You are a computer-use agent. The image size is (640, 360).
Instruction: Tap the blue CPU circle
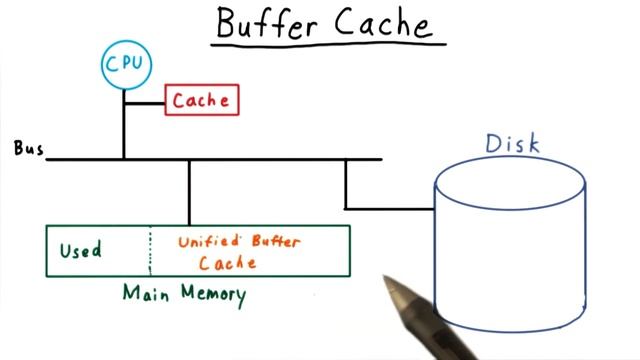click(125, 65)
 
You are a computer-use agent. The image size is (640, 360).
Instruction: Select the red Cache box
click(202, 100)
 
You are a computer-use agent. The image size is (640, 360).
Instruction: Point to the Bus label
click(27, 149)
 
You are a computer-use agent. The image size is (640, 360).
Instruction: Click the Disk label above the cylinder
click(512, 143)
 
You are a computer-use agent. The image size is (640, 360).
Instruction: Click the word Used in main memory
click(80, 250)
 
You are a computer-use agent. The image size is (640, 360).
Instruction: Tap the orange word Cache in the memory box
click(228, 263)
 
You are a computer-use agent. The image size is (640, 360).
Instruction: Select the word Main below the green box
click(144, 294)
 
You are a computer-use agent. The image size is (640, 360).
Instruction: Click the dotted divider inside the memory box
click(150, 251)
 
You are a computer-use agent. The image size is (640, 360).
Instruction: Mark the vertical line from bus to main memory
click(189, 192)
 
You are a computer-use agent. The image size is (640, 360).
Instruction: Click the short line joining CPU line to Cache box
click(144, 100)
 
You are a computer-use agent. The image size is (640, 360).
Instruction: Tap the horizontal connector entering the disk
click(390, 209)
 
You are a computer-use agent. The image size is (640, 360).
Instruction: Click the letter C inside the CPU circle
click(112, 65)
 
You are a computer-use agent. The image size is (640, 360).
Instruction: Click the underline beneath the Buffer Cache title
click(330, 45)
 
